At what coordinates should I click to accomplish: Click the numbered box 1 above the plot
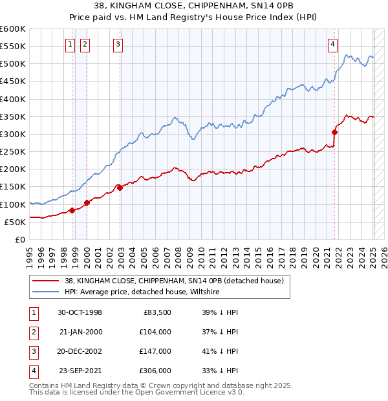70,44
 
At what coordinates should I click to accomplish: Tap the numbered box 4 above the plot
332,44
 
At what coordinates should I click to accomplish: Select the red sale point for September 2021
335,133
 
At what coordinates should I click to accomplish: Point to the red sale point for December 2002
120,188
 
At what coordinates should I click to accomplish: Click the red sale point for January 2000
87,203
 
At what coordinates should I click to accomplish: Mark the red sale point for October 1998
72,210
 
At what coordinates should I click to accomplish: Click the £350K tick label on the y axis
12,117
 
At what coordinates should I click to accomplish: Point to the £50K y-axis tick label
15,222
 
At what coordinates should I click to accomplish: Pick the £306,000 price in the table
156,371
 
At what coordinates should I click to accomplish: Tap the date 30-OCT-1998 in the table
80,312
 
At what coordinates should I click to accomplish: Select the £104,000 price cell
156,332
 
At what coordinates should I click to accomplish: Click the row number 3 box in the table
32,351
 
